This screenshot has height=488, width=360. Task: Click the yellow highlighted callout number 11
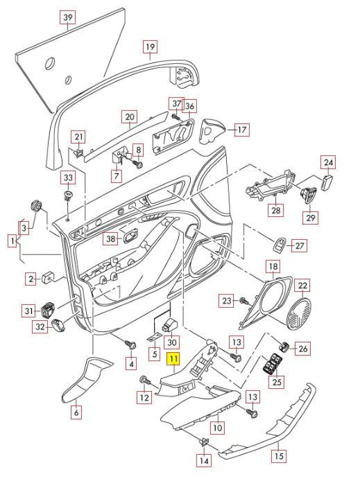coord(174,360)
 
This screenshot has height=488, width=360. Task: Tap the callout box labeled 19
coord(151,47)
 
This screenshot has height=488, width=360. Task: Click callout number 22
coord(302,286)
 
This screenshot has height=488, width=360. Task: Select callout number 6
coord(76,412)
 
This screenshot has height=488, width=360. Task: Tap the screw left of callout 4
coord(128,343)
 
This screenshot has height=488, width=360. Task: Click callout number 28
coord(275,210)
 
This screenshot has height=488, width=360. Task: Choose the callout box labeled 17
coord(241,130)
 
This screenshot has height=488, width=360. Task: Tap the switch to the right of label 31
coord(50,311)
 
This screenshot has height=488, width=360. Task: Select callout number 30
coord(173,342)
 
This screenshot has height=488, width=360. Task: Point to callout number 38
coord(111,239)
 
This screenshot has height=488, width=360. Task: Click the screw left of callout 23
coord(244,301)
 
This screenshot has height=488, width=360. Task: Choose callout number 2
coord(31,279)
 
